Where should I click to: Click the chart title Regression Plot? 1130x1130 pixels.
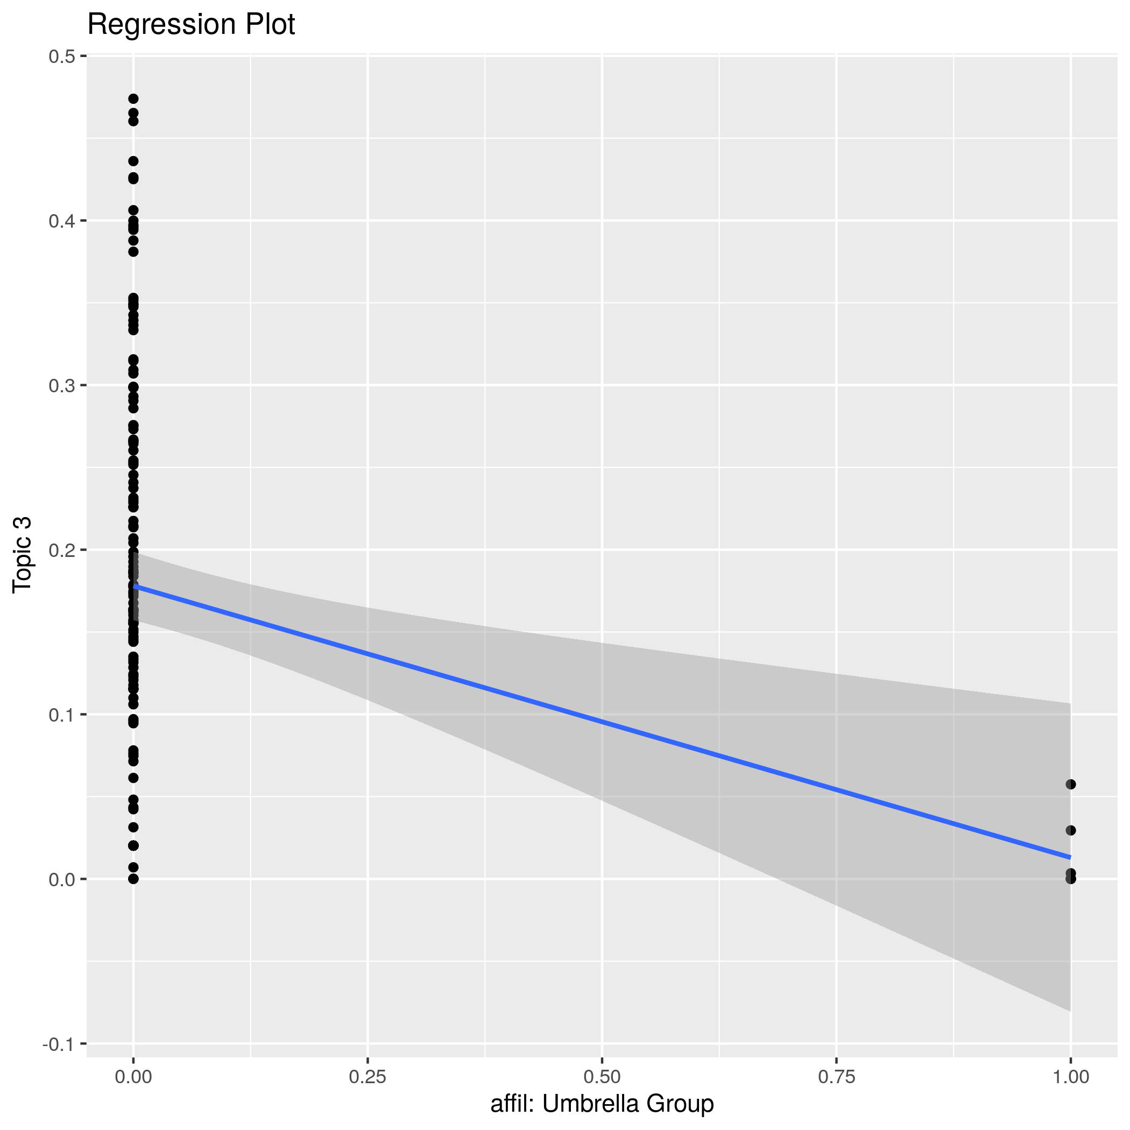[190, 25]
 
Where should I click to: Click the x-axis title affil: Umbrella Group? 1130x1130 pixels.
[602, 1104]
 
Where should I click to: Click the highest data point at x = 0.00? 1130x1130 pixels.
[133, 99]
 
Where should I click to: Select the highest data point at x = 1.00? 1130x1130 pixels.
[1070, 785]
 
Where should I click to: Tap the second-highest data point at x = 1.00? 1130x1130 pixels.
[1070, 830]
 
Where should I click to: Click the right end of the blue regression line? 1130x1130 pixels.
[1070, 857]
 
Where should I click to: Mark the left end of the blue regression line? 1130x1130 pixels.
[134, 586]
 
